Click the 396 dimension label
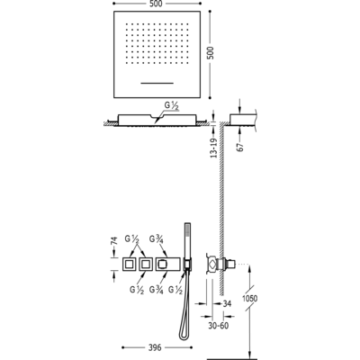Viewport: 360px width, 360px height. pyautogui.click(x=155, y=347)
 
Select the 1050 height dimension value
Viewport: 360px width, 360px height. pyautogui.click(x=249, y=299)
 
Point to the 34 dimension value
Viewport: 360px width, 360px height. pyautogui.click(x=227, y=303)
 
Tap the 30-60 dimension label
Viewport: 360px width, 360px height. pyautogui.click(x=219, y=326)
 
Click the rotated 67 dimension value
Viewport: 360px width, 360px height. pyautogui.click(x=240, y=147)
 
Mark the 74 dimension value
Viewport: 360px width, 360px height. pyautogui.click(x=114, y=241)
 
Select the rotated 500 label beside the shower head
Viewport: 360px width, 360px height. pyautogui.click(x=211, y=53)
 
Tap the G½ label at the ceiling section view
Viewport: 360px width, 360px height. pyautogui.click(x=172, y=106)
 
